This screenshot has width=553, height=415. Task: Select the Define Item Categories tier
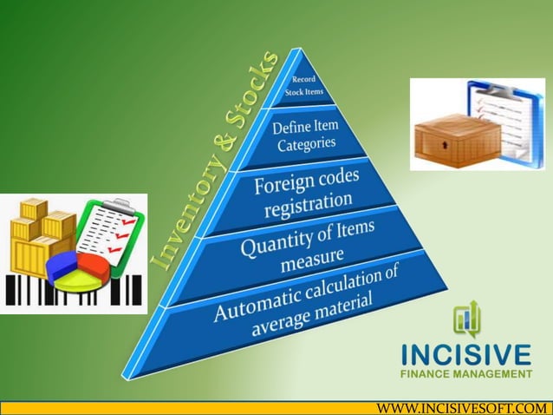(x=305, y=136)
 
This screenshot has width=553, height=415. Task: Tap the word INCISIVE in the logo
(x=466, y=355)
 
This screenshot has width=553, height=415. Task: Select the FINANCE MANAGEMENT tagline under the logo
(x=466, y=374)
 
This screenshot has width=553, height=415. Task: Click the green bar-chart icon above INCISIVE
(x=465, y=320)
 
